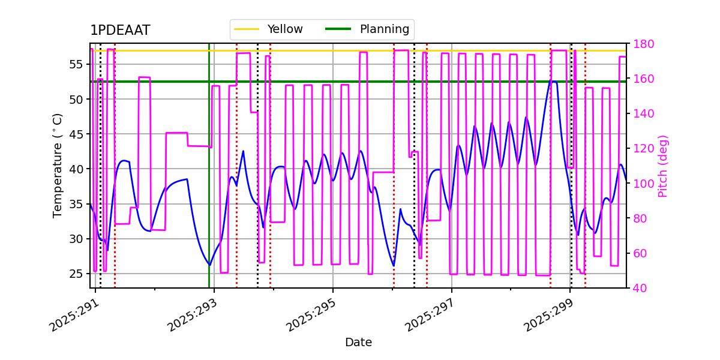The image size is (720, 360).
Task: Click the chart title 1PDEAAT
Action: coord(120,31)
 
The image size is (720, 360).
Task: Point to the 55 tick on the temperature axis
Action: coord(77,64)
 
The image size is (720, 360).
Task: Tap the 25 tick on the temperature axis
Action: coord(77,274)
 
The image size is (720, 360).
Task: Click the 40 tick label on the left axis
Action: coord(77,169)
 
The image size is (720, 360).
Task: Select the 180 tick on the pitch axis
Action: coord(640,44)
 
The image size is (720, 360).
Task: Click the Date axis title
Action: coord(358,343)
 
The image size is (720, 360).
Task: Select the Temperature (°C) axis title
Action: coord(58,165)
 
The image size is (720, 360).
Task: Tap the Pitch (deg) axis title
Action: coord(663,166)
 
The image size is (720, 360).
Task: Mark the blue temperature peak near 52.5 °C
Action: coord(553,82)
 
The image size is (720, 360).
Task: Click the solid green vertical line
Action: coord(209,180)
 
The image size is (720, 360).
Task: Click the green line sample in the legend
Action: coord(339,29)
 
